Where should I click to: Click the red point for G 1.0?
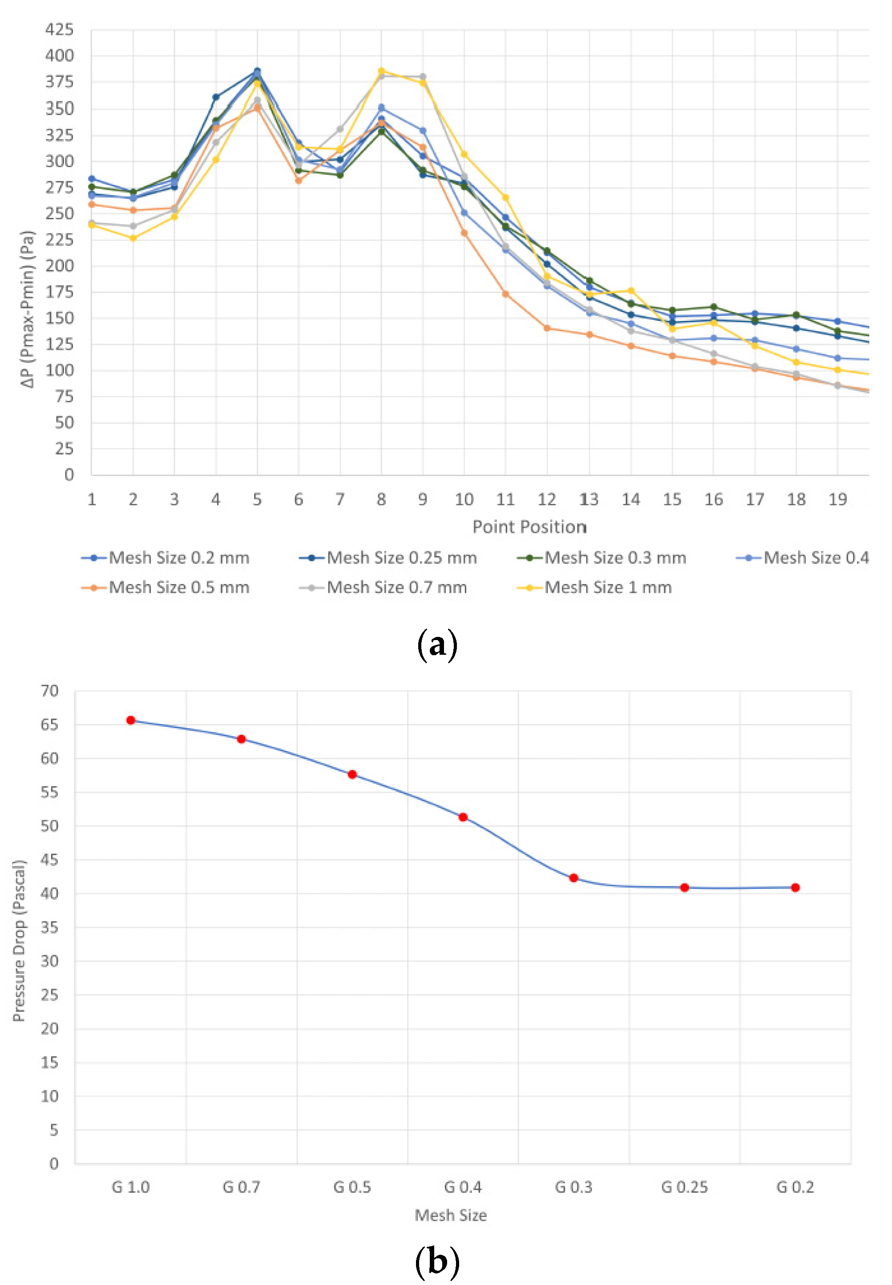[131, 721]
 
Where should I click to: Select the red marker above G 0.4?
[463, 817]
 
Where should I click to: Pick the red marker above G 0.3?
[573, 878]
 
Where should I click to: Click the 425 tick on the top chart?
[59, 29]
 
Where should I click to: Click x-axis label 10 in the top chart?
[464, 499]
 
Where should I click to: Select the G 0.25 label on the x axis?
[684, 1187]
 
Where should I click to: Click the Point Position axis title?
[529, 527]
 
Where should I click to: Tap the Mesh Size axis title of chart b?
[451, 1215]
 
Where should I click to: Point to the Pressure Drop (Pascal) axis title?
[19, 941]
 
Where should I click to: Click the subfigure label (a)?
[437, 645]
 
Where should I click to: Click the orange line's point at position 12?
[547, 328]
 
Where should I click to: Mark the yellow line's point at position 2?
[133, 238]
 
